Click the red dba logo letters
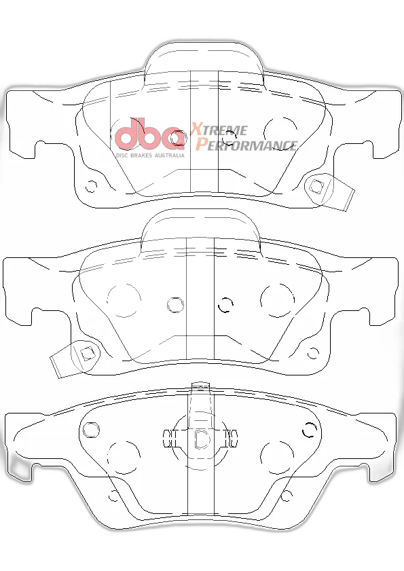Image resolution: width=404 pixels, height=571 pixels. click(x=149, y=133)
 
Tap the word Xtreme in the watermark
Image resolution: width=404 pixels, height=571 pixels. click(x=219, y=129)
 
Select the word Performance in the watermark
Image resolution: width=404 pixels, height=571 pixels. click(x=246, y=145)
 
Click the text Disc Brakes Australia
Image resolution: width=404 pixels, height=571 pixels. click(x=150, y=155)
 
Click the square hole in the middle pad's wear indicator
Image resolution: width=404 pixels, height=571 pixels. click(x=87, y=353)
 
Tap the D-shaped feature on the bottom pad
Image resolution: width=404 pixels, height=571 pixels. click(x=202, y=439)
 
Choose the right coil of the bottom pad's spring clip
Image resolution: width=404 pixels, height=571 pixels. click(x=232, y=438)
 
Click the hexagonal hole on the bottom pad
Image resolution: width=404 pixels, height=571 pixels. click(x=91, y=430)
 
